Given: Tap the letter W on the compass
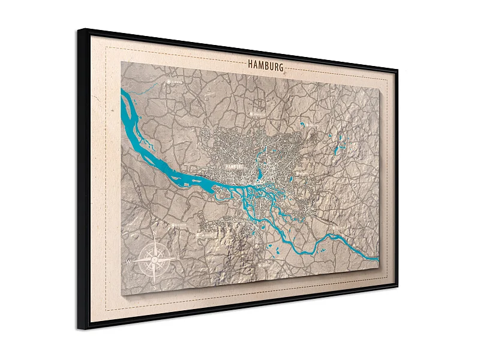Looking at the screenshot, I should coord(130,262).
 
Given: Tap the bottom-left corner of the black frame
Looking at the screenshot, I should coord(77,329).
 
